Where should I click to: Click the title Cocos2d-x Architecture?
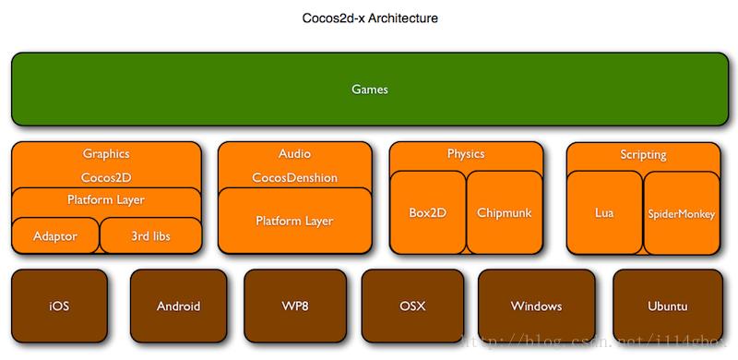tap(368, 18)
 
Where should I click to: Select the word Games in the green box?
tap(369, 90)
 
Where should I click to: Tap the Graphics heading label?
tap(106, 154)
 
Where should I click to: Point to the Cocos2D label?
tap(106, 176)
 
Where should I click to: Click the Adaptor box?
tap(55, 236)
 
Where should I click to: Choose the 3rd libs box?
tap(150, 236)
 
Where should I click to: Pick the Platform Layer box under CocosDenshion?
tap(294, 221)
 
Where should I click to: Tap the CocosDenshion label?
tap(294, 177)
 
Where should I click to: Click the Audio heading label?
tap(294, 154)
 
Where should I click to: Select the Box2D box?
tap(427, 212)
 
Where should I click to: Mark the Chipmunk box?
tap(504, 212)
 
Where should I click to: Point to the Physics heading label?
tap(466, 154)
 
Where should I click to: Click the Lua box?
tap(604, 213)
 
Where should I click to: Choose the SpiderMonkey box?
tap(681, 213)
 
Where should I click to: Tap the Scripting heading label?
tap(643, 155)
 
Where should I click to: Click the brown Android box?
tap(179, 306)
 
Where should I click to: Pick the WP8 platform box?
tap(295, 306)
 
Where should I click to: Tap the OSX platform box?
tap(411, 306)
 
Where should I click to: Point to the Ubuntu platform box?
tap(666, 306)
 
